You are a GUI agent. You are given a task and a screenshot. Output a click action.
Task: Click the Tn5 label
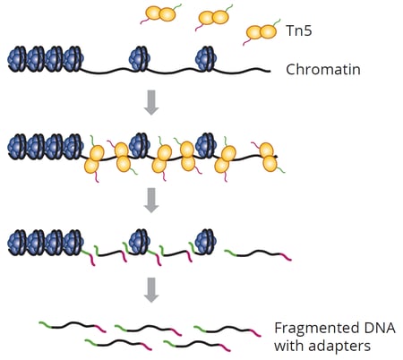tap(299, 30)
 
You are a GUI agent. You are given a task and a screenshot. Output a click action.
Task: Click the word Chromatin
tap(323, 70)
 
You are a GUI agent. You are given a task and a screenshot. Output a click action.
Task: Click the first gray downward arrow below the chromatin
tap(151, 102)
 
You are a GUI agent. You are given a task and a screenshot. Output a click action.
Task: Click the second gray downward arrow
tap(151, 201)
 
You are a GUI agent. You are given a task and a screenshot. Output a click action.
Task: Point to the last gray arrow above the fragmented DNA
tap(151, 290)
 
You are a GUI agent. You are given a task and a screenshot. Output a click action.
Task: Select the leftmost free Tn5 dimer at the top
tap(160, 13)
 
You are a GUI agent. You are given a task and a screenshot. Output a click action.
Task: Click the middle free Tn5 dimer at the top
tap(214, 18)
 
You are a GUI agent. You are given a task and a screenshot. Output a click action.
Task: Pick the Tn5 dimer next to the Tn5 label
tap(262, 32)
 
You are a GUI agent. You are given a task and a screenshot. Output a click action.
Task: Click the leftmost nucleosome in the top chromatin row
tap(17, 58)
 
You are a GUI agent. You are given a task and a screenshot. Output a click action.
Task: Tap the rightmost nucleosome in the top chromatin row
tap(206, 58)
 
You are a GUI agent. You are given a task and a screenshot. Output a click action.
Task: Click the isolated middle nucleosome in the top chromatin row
tap(140, 58)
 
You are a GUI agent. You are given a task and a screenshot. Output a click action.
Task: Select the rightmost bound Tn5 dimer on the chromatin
tap(268, 158)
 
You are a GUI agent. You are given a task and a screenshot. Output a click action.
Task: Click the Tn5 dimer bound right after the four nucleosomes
tap(94, 159)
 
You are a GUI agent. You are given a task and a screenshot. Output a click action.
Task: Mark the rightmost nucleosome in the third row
tap(205, 241)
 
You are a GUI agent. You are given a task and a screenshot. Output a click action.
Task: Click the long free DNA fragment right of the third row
tap(258, 254)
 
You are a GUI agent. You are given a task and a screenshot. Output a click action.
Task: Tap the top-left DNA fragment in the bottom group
tap(73, 326)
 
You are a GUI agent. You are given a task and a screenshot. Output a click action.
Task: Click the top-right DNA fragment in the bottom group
tap(227, 330)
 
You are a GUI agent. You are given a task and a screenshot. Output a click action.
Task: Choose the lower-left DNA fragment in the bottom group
tap(118, 344)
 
